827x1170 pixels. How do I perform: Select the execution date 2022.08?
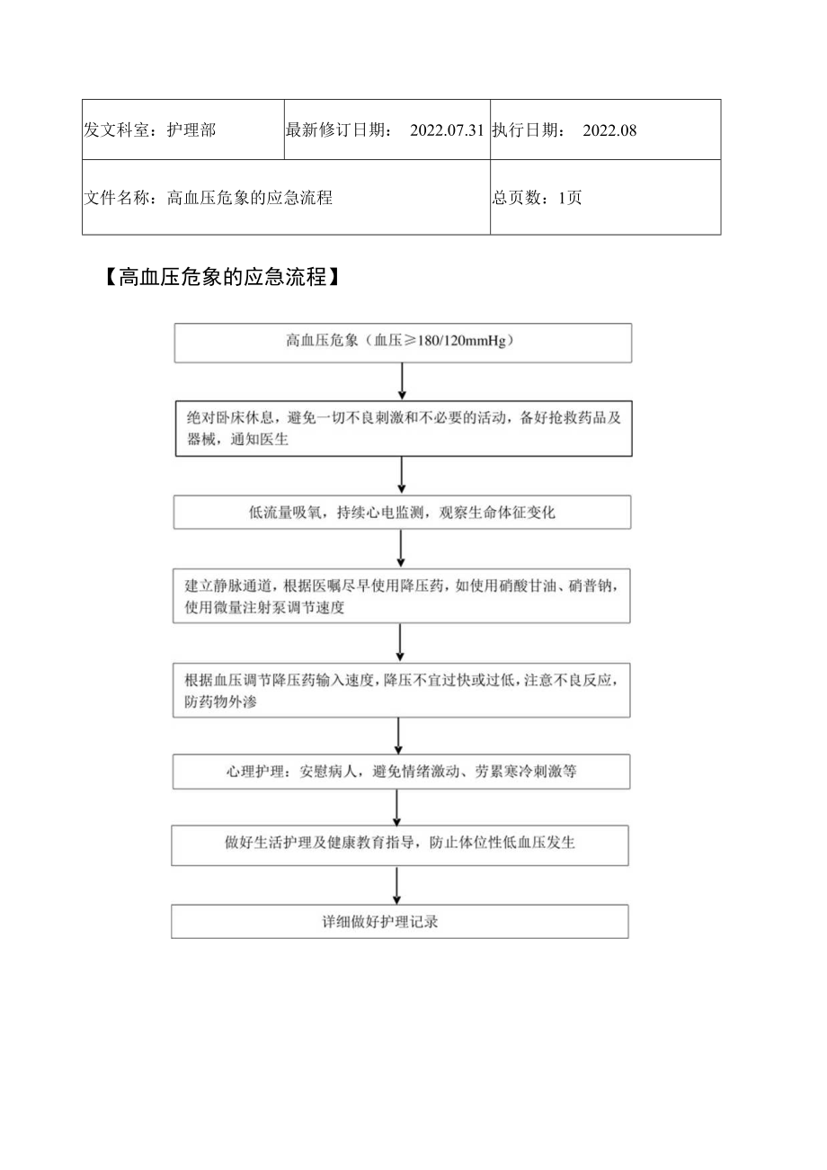609,130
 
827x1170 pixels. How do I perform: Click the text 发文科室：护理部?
149,130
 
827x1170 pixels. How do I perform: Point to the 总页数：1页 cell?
538,198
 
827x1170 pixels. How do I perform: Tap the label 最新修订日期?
338,130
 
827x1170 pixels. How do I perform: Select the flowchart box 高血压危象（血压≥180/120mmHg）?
401,342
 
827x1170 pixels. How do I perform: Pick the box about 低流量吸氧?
401,513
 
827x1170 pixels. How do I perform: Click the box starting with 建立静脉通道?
401,596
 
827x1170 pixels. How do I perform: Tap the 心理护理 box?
401,772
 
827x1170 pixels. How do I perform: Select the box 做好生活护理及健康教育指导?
401,844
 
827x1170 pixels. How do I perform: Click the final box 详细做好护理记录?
401,922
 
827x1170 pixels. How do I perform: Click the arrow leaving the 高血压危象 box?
402,380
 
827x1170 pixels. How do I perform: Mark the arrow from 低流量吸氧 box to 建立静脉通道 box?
401,549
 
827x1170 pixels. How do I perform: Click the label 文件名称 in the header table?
118,198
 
